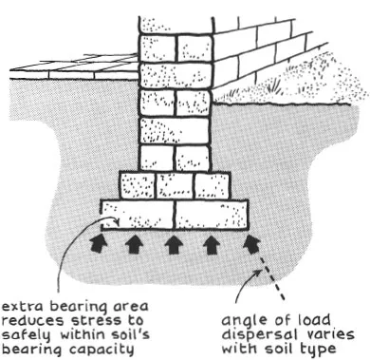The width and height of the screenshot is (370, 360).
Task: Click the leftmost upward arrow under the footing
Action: point(97,244)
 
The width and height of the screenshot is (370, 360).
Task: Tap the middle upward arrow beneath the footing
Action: point(174,244)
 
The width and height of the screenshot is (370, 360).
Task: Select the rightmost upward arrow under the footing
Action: point(250,244)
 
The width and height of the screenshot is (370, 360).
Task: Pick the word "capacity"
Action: point(95,350)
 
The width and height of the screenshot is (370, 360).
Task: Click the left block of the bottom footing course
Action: point(138,213)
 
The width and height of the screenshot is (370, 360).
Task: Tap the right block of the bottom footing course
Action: point(211,213)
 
